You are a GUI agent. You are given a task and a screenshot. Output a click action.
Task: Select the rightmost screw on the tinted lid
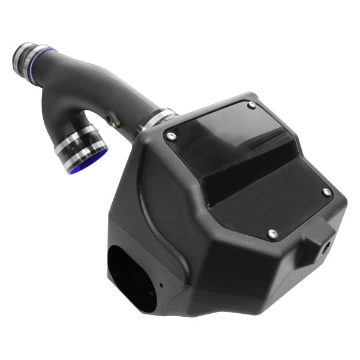click(x=326, y=192)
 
